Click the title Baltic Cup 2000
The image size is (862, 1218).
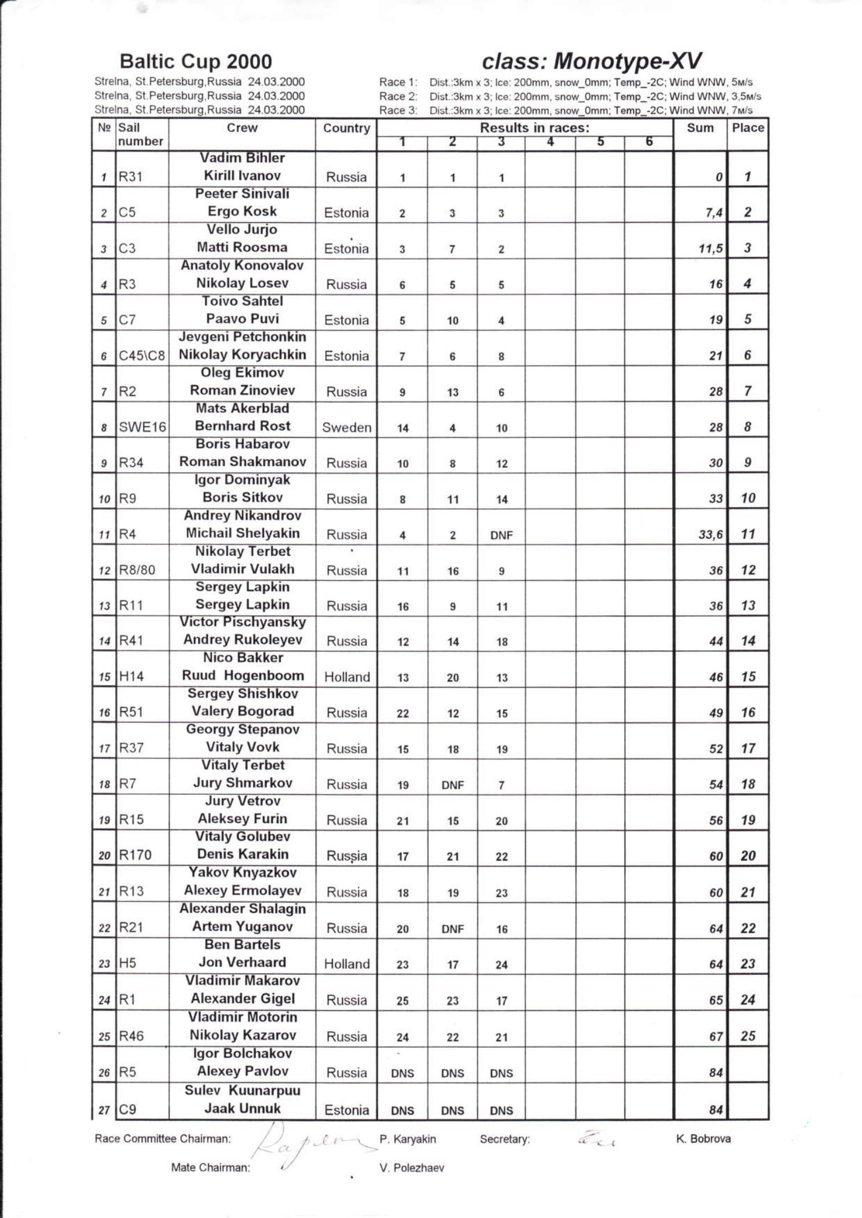coord(195,61)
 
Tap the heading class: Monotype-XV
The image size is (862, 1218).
coord(591,61)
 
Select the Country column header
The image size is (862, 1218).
coord(346,129)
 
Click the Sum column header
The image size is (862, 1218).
coord(699,128)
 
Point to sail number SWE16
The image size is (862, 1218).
coord(142,427)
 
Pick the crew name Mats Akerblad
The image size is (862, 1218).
coord(242,409)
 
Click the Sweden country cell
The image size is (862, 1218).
coord(346,428)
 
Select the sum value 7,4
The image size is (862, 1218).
coord(714,213)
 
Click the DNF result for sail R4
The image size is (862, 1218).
coord(501,535)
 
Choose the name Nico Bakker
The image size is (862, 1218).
coord(243,658)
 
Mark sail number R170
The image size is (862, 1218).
coord(135,855)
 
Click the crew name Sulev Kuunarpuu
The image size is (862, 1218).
coord(242,1091)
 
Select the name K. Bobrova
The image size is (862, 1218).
coord(703,1139)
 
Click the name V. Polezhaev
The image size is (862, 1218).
coord(412,1168)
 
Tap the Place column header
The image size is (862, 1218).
coord(747,128)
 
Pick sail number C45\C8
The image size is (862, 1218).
coord(142,356)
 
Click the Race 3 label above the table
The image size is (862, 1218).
coord(398,110)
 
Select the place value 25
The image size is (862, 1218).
coord(747,1036)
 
